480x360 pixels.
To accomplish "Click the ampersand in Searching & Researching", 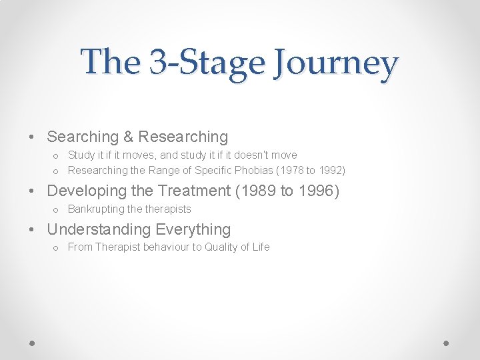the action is pos(128,137).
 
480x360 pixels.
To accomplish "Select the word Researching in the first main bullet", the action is pos(183,137).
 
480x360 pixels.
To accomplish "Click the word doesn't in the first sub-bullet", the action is pos(250,155).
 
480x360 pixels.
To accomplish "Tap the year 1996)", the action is pos(319,191).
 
